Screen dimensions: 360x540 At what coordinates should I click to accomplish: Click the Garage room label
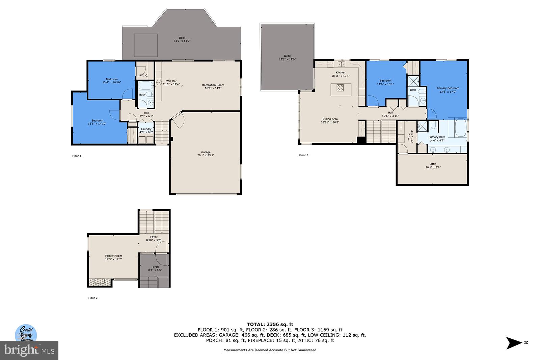click(x=206, y=154)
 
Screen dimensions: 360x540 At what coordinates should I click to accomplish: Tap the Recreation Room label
click(x=213, y=87)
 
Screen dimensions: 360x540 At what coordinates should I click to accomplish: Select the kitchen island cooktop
click(x=340, y=88)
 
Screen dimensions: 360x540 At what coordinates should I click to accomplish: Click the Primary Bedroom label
click(x=448, y=90)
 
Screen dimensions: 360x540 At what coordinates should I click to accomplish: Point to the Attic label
click(x=433, y=166)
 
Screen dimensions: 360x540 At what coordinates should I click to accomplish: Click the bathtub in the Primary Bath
click(x=460, y=128)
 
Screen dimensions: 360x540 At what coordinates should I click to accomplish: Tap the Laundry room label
click(x=146, y=131)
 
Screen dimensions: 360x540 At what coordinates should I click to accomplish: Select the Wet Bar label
click(x=171, y=83)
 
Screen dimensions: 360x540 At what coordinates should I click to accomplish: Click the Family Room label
click(x=113, y=257)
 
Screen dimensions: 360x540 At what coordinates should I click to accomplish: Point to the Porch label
click(x=155, y=268)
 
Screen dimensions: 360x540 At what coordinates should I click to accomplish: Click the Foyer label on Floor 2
click(x=154, y=239)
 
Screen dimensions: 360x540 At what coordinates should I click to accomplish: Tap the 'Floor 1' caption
click(x=77, y=156)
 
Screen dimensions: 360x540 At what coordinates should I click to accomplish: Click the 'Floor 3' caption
click(x=303, y=155)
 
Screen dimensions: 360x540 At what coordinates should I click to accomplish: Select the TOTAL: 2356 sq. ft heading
click(x=270, y=324)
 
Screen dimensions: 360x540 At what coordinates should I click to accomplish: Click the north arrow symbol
click(x=514, y=343)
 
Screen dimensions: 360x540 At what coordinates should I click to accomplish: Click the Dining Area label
click(x=330, y=120)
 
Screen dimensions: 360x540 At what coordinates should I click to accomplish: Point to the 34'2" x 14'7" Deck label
click(x=182, y=39)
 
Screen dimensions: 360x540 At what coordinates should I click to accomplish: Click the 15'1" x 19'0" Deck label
click(x=287, y=58)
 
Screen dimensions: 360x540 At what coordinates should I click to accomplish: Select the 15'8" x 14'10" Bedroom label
click(x=97, y=122)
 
